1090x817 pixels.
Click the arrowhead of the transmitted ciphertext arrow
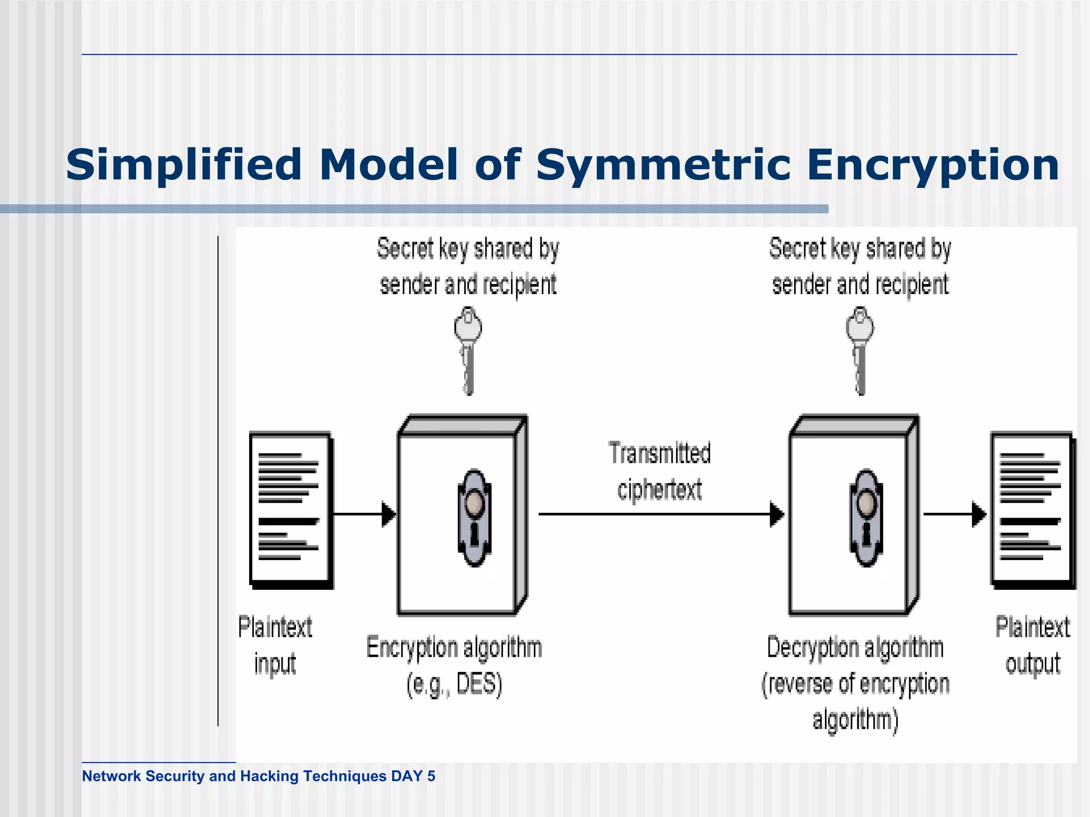click(x=777, y=514)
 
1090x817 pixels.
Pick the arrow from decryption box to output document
click(x=955, y=514)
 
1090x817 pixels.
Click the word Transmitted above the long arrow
click(x=659, y=454)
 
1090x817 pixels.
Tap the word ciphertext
click(x=659, y=490)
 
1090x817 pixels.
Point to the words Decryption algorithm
click(x=855, y=648)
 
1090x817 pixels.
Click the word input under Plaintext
click(x=275, y=664)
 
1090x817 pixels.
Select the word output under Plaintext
click(x=1033, y=664)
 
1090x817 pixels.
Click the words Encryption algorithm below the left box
click(x=454, y=648)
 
